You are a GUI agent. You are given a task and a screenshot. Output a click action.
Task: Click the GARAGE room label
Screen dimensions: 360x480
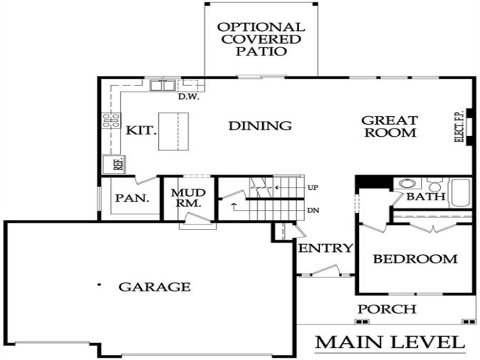156,287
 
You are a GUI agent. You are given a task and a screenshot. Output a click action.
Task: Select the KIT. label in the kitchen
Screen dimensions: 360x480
140,130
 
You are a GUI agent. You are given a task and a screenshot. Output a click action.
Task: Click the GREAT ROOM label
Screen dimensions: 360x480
389,126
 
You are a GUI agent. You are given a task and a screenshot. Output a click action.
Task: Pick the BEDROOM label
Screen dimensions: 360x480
414,259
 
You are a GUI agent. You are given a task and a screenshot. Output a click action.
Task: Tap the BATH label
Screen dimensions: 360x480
426,197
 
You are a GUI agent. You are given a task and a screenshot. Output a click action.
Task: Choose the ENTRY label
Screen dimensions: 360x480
325,248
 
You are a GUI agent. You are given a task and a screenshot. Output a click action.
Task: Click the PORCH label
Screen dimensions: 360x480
386,309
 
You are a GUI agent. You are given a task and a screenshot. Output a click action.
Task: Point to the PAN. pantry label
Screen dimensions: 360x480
132,199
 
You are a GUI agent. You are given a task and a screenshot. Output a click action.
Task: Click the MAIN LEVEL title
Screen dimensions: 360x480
391,343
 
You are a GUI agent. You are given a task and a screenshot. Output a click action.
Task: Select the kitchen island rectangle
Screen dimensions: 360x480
174,131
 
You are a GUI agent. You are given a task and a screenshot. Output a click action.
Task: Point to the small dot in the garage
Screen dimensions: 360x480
98,284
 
